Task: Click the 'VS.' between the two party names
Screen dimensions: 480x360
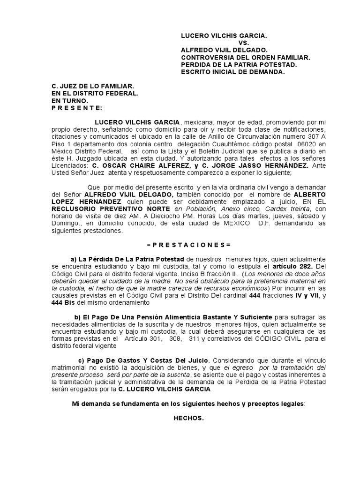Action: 232,43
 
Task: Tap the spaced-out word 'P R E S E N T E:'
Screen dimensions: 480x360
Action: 76,108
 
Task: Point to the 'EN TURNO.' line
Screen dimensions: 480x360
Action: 69,101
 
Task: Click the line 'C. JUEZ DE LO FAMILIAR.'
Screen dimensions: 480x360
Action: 93,86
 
